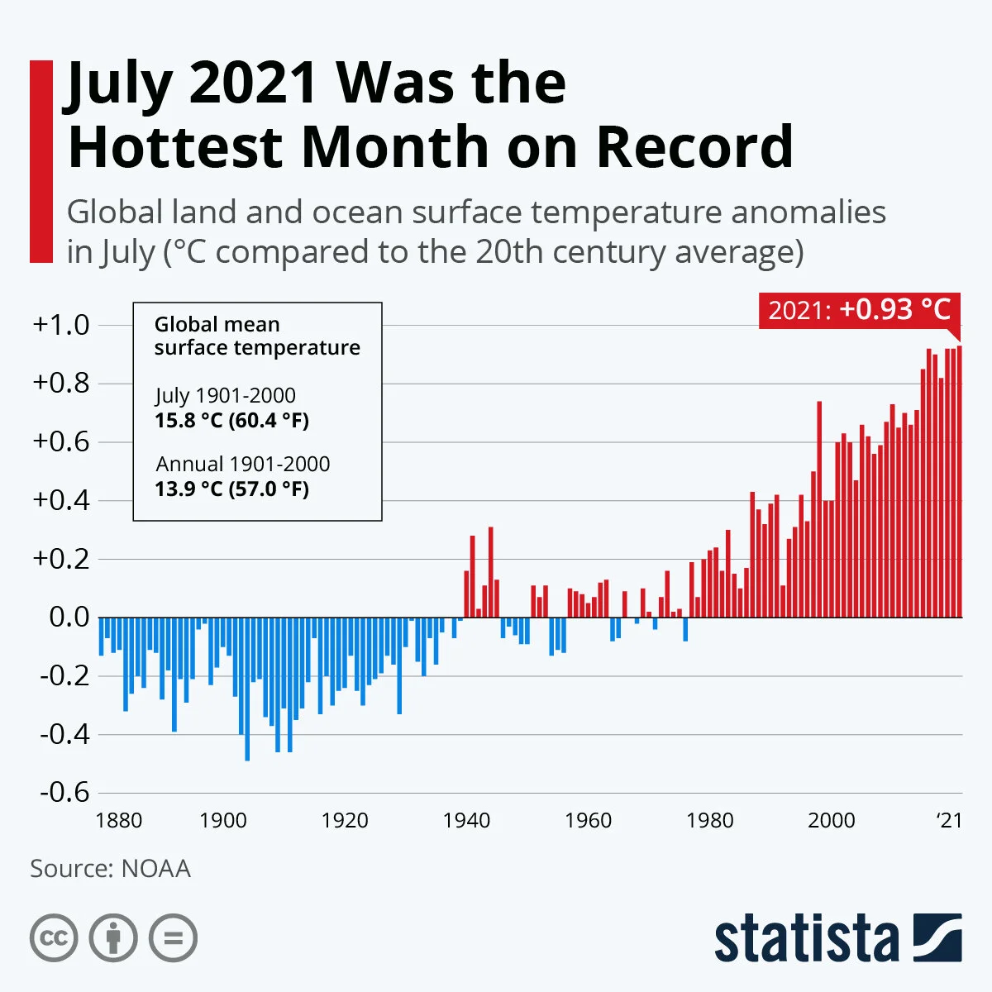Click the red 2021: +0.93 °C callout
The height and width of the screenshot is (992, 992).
(860, 311)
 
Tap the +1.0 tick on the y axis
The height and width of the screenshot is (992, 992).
(60, 325)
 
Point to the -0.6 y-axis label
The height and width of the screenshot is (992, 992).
(64, 792)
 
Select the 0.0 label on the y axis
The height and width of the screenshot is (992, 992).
(69, 617)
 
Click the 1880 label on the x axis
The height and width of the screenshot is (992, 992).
(119, 820)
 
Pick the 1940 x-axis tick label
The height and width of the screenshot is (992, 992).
(467, 820)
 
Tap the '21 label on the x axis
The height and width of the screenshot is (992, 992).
(949, 820)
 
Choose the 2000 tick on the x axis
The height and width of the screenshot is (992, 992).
(832, 820)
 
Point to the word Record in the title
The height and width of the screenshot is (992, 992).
(694, 146)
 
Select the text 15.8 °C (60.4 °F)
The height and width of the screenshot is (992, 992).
(231, 420)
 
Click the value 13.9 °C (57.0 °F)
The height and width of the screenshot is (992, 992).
(231, 489)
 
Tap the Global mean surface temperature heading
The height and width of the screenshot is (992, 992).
(257, 336)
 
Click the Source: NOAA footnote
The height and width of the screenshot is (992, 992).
(110, 869)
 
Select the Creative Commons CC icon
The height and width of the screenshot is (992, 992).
(54, 938)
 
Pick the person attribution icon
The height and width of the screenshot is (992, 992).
(113, 938)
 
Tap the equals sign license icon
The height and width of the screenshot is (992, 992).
(174, 938)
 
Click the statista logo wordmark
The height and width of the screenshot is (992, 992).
(806, 940)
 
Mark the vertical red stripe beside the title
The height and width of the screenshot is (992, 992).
(41, 161)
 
